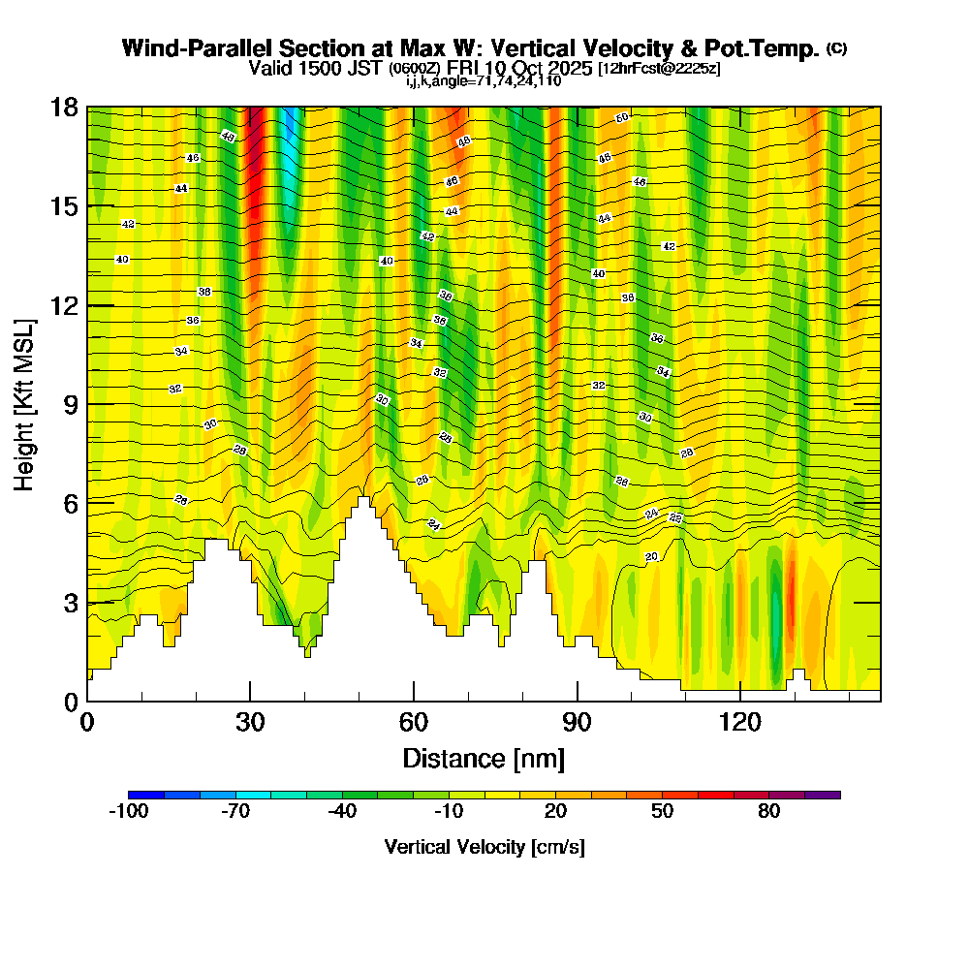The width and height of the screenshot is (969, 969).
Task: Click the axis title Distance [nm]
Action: pyautogui.click(x=484, y=758)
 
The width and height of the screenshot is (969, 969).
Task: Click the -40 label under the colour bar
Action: pyautogui.click(x=342, y=812)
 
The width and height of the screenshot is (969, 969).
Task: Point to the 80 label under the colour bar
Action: pyautogui.click(x=769, y=812)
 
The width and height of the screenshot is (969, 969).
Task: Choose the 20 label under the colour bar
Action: pyautogui.click(x=555, y=812)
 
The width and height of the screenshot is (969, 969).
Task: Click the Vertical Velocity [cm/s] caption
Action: pyautogui.click(x=484, y=847)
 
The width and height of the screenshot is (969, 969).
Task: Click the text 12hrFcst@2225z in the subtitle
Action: pyautogui.click(x=662, y=69)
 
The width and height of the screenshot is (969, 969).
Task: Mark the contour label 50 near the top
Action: pyautogui.click(x=622, y=118)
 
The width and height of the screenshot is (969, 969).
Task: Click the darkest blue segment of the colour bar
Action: pyautogui.click(x=145, y=795)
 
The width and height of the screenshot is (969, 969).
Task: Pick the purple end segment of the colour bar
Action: pyautogui.click(x=823, y=795)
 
